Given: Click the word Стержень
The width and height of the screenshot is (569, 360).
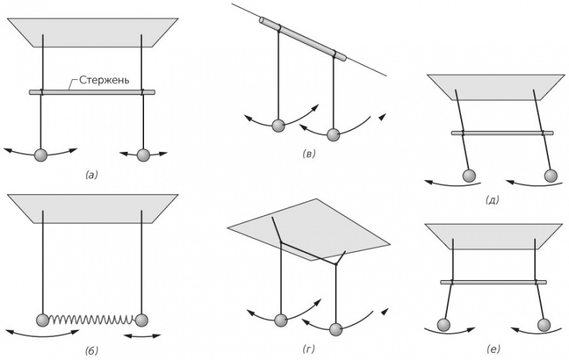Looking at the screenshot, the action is (x=104, y=79).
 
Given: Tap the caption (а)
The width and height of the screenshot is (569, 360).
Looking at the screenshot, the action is (x=91, y=175).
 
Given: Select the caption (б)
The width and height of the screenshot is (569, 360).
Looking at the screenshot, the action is (x=91, y=350).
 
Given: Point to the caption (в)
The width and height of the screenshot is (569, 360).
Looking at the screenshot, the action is (x=308, y=154).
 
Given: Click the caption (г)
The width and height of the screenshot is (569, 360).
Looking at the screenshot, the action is (x=308, y=349).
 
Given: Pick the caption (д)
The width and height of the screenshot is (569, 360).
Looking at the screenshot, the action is (x=493, y=200).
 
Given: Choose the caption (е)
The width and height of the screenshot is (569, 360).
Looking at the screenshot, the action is (x=493, y=349).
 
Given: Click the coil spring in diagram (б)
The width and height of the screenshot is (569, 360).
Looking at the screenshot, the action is (x=91, y=320).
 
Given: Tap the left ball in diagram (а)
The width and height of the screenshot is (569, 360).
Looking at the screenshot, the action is (x=40, y=156).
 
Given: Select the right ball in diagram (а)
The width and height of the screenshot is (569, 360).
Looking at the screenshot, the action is (x=143, y=156).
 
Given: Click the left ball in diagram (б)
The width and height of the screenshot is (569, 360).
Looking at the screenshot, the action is (x=42, y=320).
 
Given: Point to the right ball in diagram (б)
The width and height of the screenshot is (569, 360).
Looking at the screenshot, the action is (x=141, y=320).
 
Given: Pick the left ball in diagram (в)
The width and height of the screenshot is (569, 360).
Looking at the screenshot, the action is (x=278, y=125).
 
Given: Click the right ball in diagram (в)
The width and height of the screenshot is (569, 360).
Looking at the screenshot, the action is (x=333, y=135).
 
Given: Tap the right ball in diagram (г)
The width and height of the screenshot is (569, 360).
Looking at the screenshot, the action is (x=336, y=329).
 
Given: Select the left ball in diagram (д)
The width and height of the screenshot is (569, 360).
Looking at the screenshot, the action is (x=469, y=176).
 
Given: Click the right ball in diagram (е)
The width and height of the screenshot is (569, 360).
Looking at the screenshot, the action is (x=544, y=325).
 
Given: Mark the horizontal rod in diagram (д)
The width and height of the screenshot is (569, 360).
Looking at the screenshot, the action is (x=502, y=133).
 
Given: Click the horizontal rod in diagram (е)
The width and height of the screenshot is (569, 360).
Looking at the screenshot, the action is (x=493, y=282).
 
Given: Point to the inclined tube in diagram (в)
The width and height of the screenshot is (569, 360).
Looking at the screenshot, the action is (x=303, y=37).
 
